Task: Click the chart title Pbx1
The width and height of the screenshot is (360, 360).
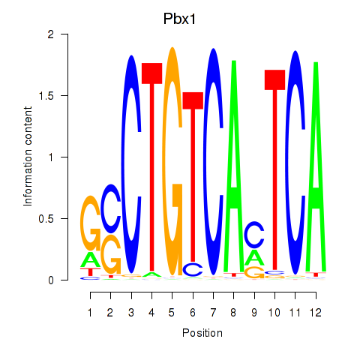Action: pyautogui.click(x=179, y=19)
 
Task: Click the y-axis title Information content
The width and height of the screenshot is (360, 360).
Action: pyautogui.click(x=28, y=157)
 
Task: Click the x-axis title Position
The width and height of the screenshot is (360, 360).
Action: pyautogui.click(x=202, y=333)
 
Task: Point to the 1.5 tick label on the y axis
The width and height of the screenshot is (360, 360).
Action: pyautogui.click(x=46, y=95)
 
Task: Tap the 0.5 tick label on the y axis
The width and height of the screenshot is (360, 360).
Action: pyautogui.click(x=46, y=218)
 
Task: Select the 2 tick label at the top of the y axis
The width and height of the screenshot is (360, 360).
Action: pyautogui.click(x=51, y=34)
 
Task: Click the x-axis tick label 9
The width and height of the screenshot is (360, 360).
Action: pyautogui.click(x=254, y=313)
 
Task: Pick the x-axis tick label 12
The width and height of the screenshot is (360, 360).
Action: pyautogui.click(x=316, y=313)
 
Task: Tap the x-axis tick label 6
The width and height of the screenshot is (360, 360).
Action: pyautogui.click(x=193, y=313)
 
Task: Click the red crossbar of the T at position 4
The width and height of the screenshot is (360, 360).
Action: pyautogui.click(x=151, y=73)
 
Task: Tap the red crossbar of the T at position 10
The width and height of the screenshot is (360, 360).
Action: pyautogui.click(x=274, y=79)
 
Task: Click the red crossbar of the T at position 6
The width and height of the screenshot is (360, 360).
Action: pyautogui.click(x=193, y=100)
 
